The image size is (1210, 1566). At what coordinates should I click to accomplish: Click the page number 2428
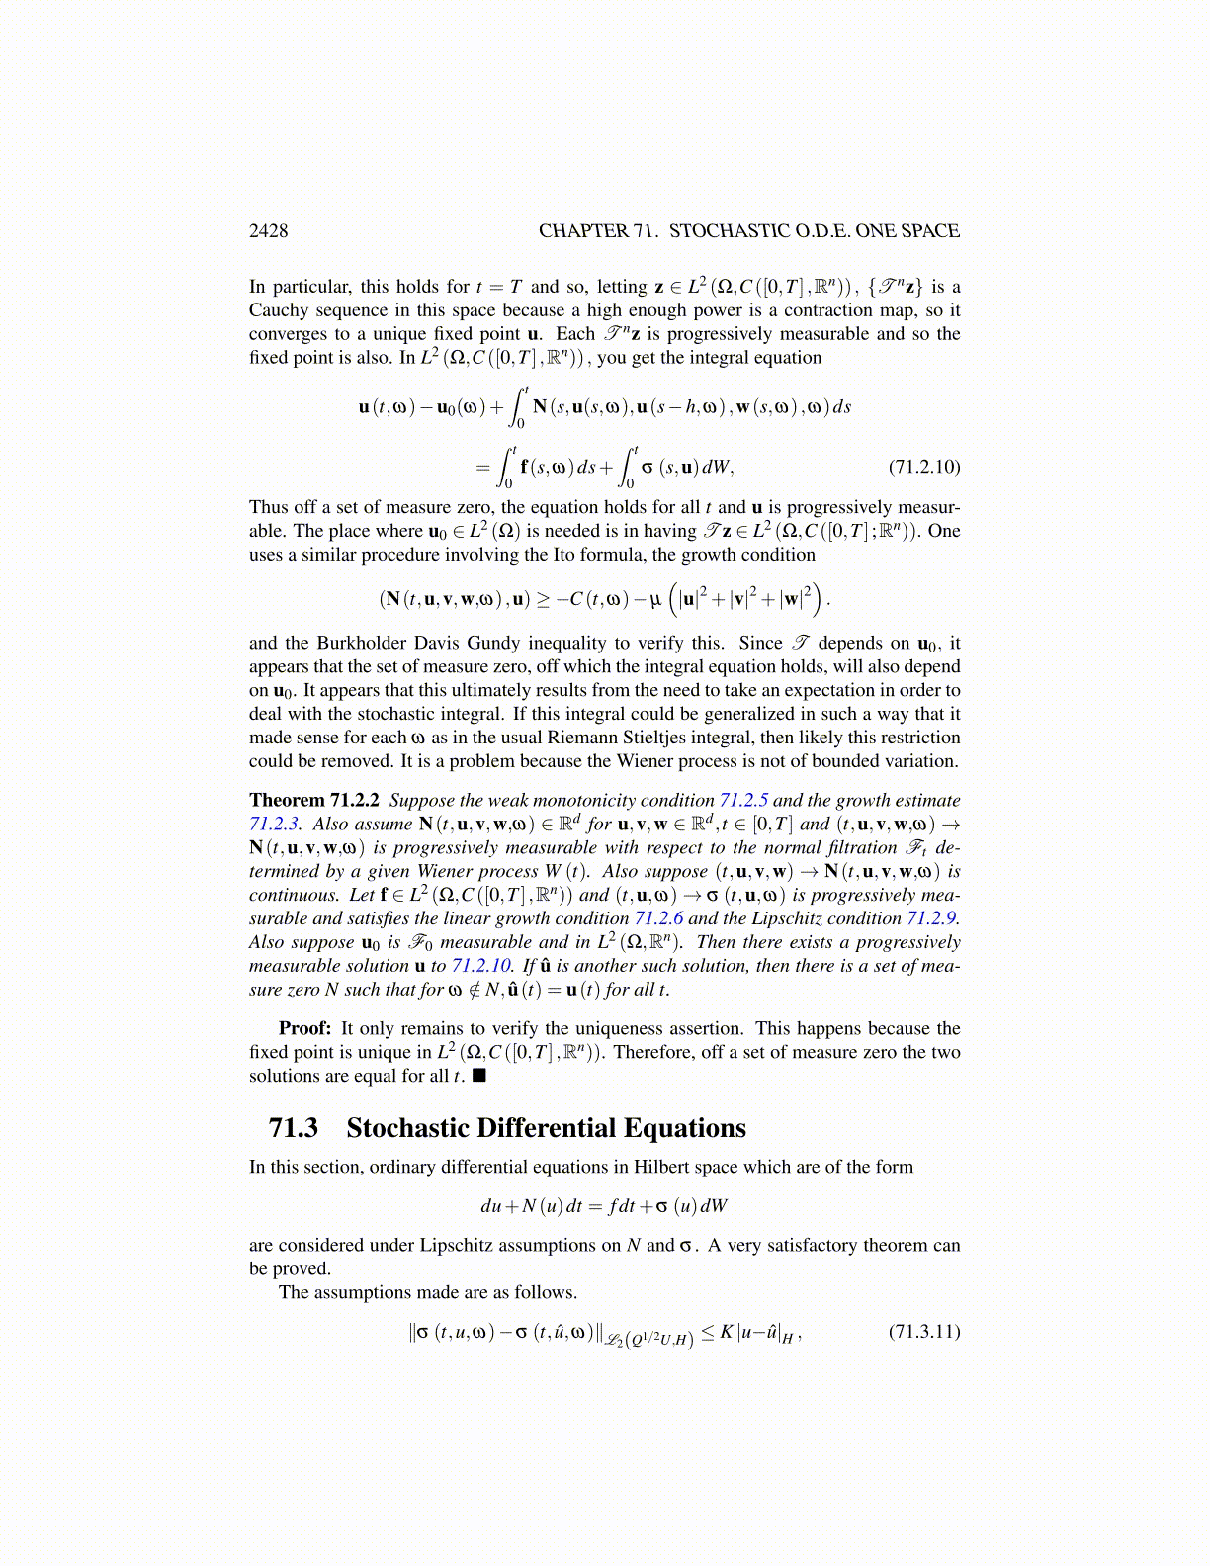268,231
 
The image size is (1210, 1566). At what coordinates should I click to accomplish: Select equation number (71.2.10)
923,467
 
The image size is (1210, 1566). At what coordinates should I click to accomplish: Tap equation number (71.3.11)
923,1331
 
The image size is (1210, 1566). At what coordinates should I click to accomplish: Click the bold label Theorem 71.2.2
315,800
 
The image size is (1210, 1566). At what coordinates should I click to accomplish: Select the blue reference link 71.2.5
743,800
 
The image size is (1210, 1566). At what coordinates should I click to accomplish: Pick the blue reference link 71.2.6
658,918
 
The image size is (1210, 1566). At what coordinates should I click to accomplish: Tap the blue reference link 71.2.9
932,918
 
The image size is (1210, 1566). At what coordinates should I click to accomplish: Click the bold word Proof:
304,1028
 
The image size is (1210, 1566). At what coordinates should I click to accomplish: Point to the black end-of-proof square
479,1076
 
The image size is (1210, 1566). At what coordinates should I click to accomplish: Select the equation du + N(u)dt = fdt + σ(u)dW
604,1206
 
